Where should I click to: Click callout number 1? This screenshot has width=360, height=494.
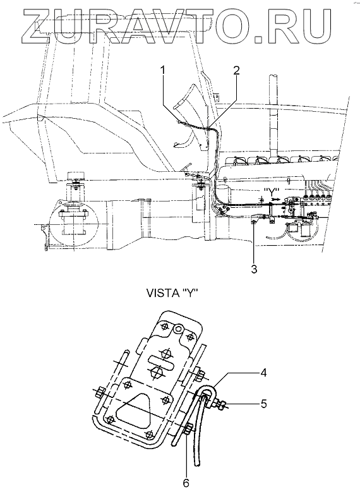(x=162, y=71)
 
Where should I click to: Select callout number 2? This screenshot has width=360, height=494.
(x=236, y=70)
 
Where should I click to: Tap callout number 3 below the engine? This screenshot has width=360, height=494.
(x=254, y=268)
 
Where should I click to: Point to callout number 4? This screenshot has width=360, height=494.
(x=263, y=373)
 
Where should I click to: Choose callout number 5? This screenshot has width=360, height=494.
(x=263, y=404)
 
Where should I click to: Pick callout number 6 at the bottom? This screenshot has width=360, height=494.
(x=186, y=483)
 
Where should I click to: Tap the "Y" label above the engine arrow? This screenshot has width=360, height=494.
(x=272, y=191)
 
